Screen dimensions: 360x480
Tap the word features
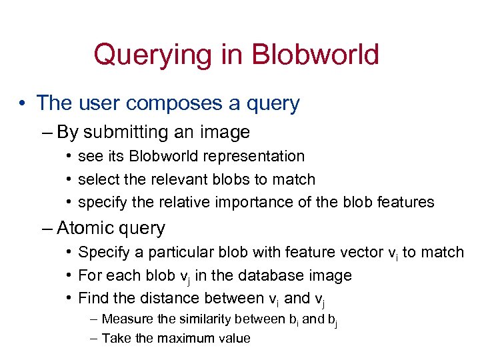[406, 202]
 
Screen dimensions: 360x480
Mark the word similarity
[195, 319]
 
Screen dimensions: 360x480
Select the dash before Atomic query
[47, 228]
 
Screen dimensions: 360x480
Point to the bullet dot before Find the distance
[69, 298]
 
